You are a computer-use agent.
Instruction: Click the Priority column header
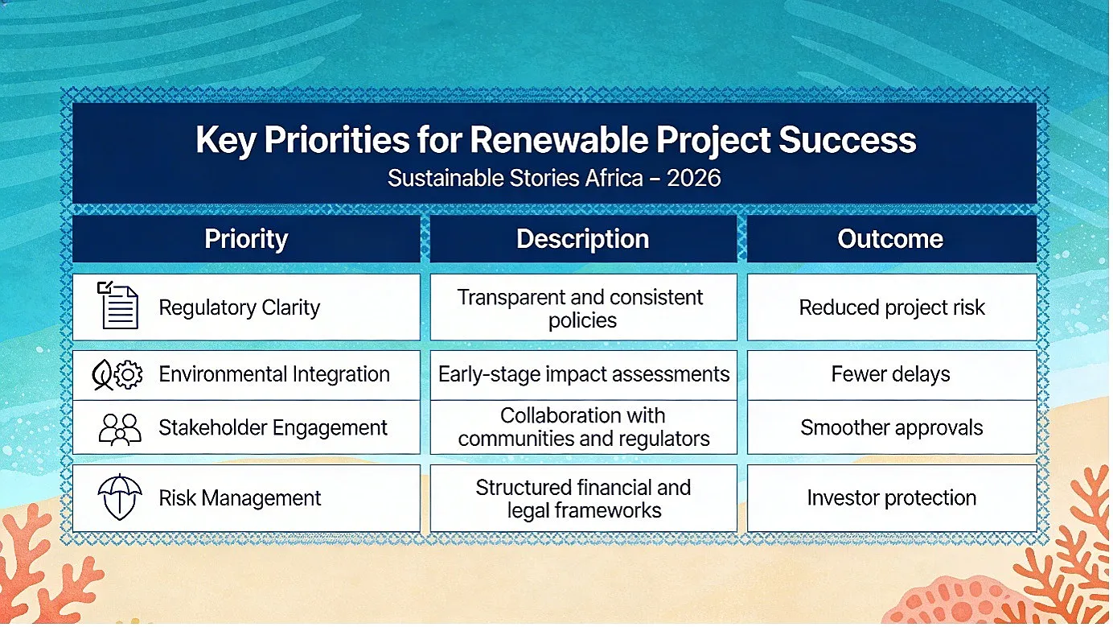coord(246,239)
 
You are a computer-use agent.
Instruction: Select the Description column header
coord(583,239)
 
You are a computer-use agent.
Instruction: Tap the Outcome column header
coord(891,239)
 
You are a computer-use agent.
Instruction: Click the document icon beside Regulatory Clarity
coord(117,305)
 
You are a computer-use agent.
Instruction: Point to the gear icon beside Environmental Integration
coord(128,374)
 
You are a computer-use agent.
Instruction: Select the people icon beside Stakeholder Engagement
coord(120,429)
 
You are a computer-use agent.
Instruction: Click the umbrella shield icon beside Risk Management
coord(120,497)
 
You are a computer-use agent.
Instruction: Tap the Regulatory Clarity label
coord(240,307)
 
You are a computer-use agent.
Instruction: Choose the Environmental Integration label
coord(274,374)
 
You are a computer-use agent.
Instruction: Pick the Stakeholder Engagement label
coord(273,427)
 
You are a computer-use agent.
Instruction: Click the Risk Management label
coord(240,497)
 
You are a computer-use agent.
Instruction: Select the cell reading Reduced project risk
coord(892,307)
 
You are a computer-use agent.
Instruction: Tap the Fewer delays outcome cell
coord(892,375)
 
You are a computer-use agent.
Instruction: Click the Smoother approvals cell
coord(892,427)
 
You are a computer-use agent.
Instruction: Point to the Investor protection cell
coord(892,497)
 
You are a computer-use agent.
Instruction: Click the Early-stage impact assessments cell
coord(583,375)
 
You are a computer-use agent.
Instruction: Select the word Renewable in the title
coord(559,140)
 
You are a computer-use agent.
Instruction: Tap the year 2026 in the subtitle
coord(694,178)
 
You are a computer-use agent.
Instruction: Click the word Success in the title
coord(847,140)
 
